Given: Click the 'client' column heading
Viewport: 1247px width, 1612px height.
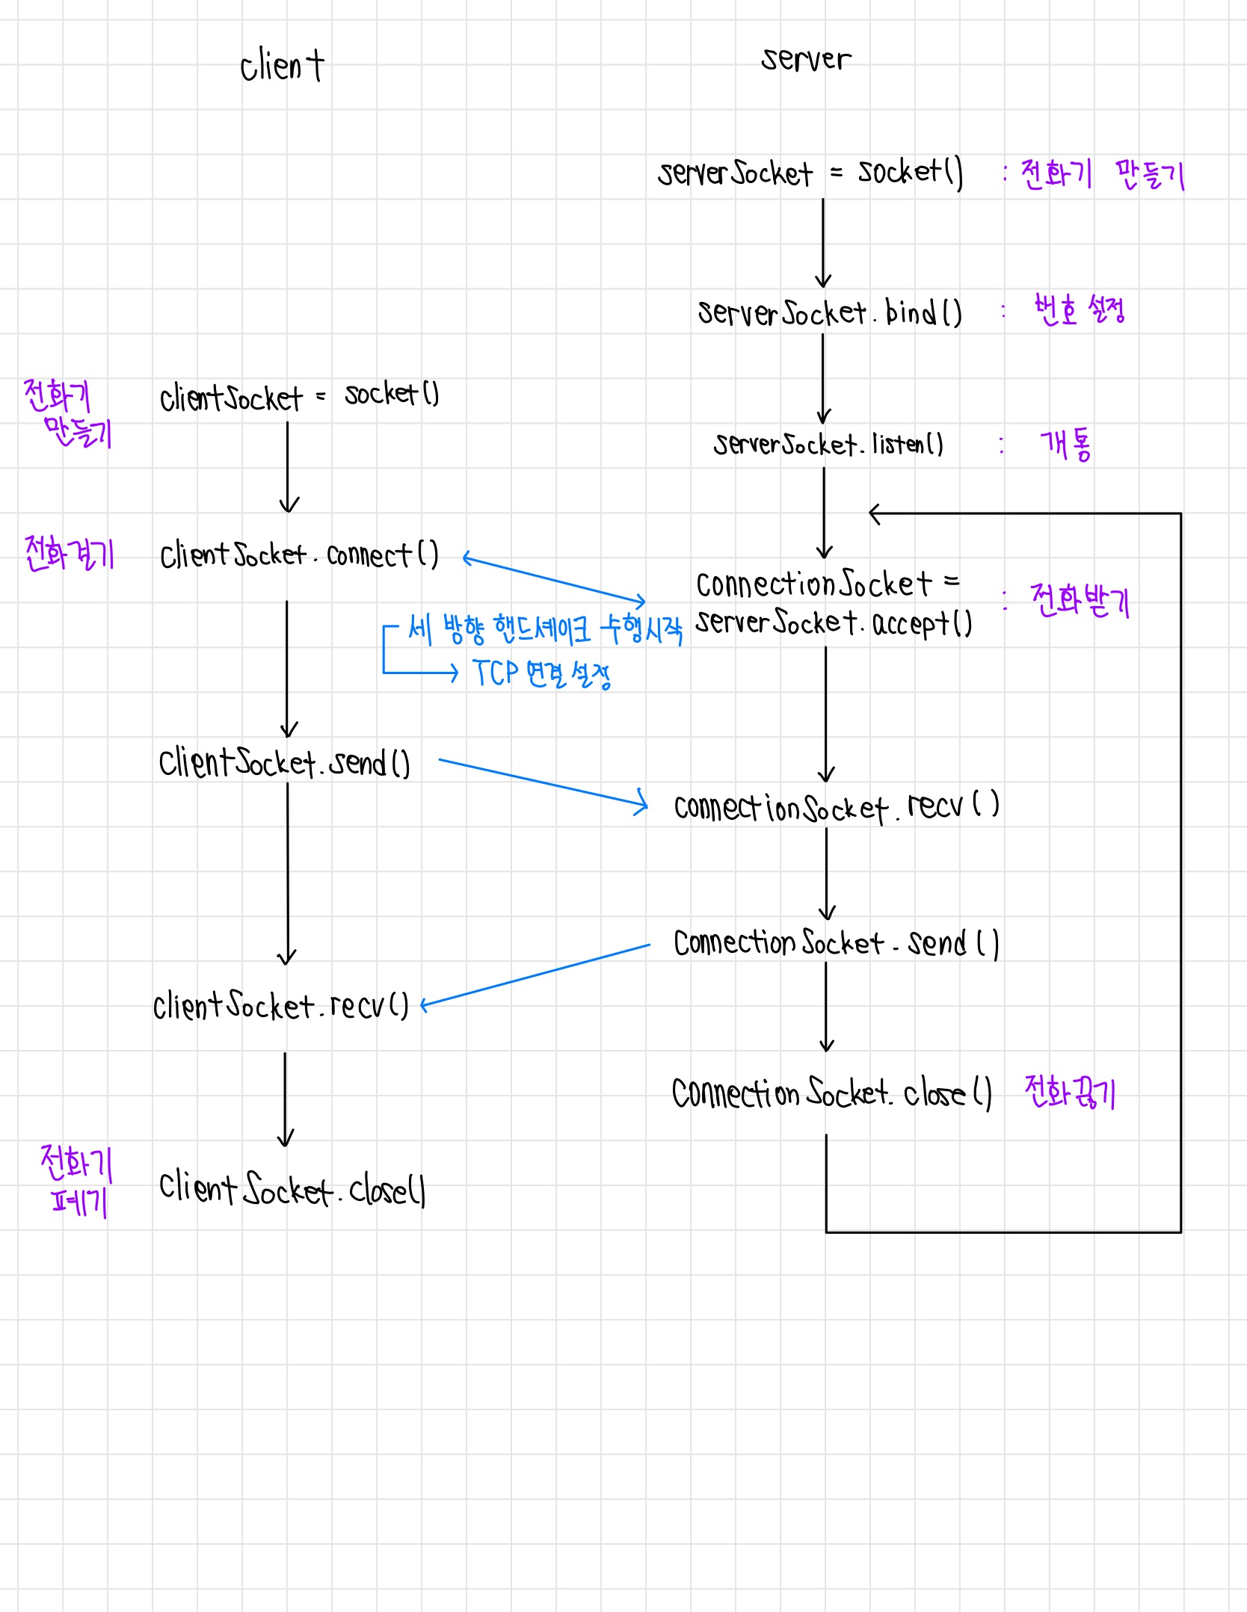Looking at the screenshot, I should coord(282,66).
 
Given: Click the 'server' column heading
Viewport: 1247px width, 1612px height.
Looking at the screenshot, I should coord(806,59).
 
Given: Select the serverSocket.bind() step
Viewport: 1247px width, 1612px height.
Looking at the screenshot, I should coord(829,312).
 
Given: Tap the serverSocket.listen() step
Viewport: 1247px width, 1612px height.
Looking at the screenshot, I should coord(828,445).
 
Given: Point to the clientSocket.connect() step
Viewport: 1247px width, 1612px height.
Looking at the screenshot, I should coord(299,555).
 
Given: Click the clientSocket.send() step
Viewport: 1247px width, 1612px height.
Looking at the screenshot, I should coord(284,763).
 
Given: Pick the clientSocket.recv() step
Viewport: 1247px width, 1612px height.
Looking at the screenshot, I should coord(281,1006).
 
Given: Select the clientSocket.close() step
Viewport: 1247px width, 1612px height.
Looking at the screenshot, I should coord(292,1188).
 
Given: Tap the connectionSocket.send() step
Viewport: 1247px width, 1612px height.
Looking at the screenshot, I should coord(836,943).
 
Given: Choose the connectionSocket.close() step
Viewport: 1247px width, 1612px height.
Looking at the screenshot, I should coord(831,1093).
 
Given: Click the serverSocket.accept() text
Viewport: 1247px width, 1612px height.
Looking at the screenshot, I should coord(834,623).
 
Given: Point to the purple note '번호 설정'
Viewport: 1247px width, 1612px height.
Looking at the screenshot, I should coord(1079,309).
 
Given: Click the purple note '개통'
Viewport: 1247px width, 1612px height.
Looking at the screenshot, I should coord(1065,445).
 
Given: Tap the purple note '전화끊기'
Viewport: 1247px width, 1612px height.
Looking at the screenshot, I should coord(1070,1093).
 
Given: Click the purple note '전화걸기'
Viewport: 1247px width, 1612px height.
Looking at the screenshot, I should coord(69,554).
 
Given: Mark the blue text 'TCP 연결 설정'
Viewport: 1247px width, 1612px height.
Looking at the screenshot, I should coord(542,674).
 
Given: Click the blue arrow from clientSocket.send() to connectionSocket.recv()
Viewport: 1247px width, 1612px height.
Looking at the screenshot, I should coord(542,783).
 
